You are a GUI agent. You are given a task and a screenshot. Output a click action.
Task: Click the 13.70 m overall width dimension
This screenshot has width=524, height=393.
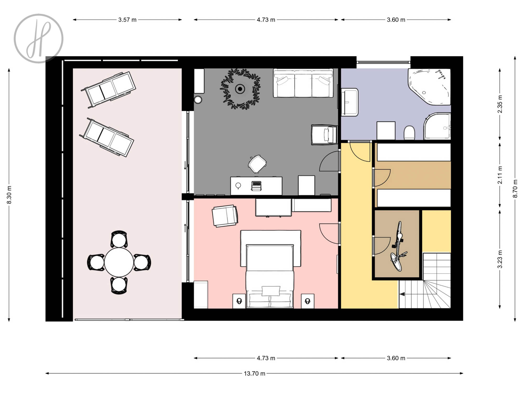point(254,373)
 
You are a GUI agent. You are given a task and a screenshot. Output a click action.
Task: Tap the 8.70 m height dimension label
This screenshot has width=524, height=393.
point(515,189)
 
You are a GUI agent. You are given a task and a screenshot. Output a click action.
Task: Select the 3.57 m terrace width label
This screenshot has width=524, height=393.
point(127,20)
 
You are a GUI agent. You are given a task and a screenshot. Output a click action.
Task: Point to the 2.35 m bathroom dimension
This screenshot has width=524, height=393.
point(500,104)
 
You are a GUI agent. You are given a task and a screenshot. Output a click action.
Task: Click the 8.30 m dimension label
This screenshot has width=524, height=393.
point(9,195)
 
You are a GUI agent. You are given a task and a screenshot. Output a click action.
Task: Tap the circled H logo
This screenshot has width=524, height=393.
point(39,39)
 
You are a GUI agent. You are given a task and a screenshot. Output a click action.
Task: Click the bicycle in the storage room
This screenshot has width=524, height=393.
point(398,246)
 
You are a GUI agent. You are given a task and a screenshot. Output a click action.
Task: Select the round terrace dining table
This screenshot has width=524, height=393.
point(119,262)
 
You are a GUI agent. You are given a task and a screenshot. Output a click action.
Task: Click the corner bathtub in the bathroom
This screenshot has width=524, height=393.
point(429,87)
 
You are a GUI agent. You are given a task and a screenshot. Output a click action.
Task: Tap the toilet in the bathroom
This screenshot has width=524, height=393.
point(409,133)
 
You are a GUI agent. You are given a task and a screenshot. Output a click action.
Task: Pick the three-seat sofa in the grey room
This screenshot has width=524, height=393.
point(303,83)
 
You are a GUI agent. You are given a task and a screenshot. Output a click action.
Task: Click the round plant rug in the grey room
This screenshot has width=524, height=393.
point(240,89)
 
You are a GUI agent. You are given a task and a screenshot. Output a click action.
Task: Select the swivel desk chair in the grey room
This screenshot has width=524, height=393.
point(257,164)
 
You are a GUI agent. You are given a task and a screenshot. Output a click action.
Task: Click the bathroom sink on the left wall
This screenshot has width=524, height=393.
point(349,102)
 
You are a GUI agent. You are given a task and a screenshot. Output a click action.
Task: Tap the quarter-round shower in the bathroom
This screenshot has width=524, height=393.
point(437,126)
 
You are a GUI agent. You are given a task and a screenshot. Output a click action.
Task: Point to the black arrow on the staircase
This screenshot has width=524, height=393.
point(402,294)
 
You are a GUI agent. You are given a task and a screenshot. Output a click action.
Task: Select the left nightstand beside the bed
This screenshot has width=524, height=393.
point(239,301)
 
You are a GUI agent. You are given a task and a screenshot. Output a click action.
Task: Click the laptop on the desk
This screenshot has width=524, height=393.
point(256,186)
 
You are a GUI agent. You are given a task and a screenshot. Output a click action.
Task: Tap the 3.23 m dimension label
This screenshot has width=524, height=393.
point(500,259)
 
